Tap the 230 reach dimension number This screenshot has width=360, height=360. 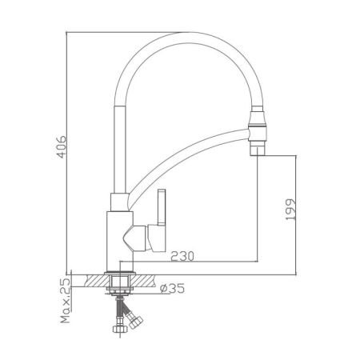(183, 255)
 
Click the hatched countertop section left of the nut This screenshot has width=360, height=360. (93, 280)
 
